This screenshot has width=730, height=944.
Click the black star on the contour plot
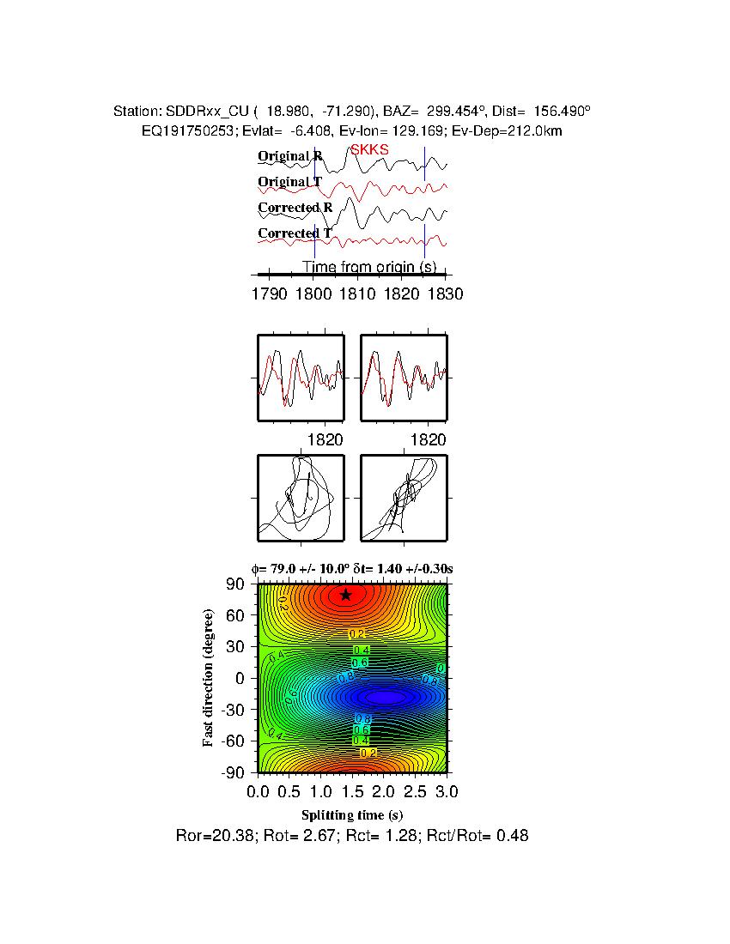345,595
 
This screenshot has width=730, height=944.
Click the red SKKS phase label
369,149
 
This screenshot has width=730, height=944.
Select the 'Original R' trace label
290,156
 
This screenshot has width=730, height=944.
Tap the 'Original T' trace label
290,182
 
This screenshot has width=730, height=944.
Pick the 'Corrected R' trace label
295,208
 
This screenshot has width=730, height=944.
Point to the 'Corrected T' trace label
295,233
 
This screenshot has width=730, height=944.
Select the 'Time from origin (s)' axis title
369,268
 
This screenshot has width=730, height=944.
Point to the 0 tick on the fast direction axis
243,678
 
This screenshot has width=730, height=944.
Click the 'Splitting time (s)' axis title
352,814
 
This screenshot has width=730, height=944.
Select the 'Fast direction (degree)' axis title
209,678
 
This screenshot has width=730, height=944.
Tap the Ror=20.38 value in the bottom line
210,835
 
